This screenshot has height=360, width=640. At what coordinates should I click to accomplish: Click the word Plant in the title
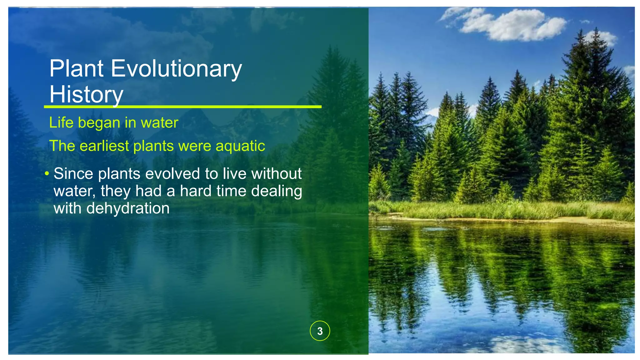pos(76,68)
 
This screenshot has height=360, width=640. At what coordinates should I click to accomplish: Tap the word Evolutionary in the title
pos(176,69)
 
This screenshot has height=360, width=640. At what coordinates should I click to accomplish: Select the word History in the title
pos(86,94)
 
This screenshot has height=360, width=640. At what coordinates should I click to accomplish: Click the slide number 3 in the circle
pos(320,331)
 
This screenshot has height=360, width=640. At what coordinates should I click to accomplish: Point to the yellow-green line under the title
pos(182,107)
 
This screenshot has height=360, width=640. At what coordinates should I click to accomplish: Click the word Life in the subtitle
pos(61,122)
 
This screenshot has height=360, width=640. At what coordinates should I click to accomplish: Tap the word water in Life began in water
pos(159,122)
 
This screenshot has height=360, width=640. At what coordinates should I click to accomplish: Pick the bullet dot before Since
pos(47,173)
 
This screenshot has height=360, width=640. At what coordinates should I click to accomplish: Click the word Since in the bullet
pos(73,173)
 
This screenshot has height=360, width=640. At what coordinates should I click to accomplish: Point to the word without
pos(276,173)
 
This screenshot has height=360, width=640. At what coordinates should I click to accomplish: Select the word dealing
pos(276,191)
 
